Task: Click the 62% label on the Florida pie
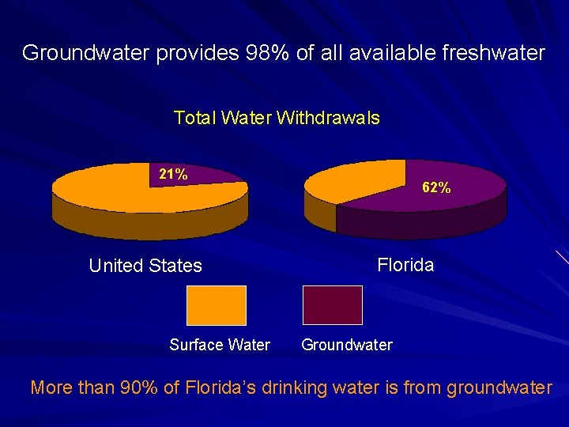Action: (x=437, y=188)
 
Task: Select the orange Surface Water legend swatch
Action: (x=217, y=305)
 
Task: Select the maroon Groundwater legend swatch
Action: (x=333, y=305)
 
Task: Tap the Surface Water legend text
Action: (x=220, y=345)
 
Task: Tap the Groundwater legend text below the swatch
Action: (x=347, y=345)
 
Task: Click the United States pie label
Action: (x=145, y=266)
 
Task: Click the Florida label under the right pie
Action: (x=405, y=265)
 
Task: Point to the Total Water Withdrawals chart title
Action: (x=277, y=119)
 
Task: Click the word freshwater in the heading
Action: (x=496, y=54)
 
